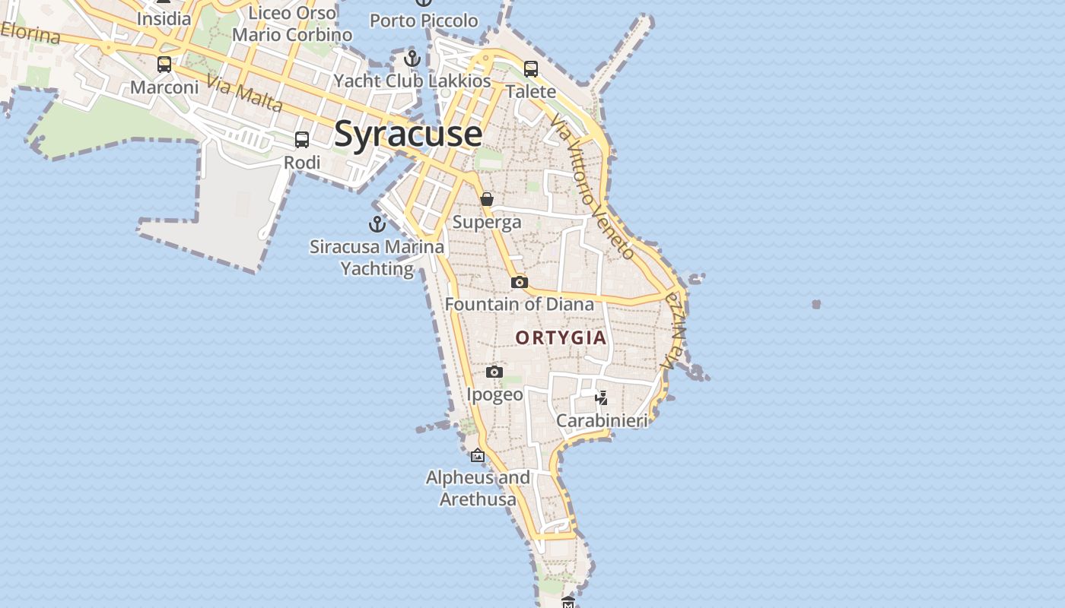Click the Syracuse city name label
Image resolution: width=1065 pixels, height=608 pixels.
(x=408, y=134)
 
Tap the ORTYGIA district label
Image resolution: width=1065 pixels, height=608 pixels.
(x=561, y=337)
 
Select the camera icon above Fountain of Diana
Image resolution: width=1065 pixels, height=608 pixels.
(x=519, y=283)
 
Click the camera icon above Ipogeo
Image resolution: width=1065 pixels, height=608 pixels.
(x=494, y=372)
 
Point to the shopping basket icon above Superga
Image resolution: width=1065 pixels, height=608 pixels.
(x=487, y=199)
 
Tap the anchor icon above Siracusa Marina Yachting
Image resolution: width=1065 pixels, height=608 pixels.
(x=377, y=224)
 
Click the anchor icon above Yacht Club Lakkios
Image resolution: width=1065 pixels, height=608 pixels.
(x=412, y=58)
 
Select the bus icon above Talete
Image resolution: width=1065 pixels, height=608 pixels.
(x=531, y=68)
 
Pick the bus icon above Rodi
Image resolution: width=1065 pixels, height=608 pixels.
(x=302, y=140)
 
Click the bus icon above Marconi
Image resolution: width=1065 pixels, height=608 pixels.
(x=164, y=65)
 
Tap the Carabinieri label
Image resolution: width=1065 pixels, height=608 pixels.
(x=602, y=420)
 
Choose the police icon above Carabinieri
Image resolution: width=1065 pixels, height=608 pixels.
(x=602, y=397)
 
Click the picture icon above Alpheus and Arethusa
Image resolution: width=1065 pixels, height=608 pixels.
(x=478, y=456)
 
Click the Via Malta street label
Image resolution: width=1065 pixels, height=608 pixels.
(x=245, y=94)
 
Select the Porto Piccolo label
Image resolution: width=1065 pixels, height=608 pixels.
(x=424, y=21)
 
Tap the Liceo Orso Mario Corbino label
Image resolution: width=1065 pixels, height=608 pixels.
(x=293, y=24)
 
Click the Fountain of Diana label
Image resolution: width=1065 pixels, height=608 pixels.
(x=520, y=305)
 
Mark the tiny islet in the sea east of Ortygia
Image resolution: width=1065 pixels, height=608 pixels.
(x=816, y=304)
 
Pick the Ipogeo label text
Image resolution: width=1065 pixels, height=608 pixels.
(x=494, y=394)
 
